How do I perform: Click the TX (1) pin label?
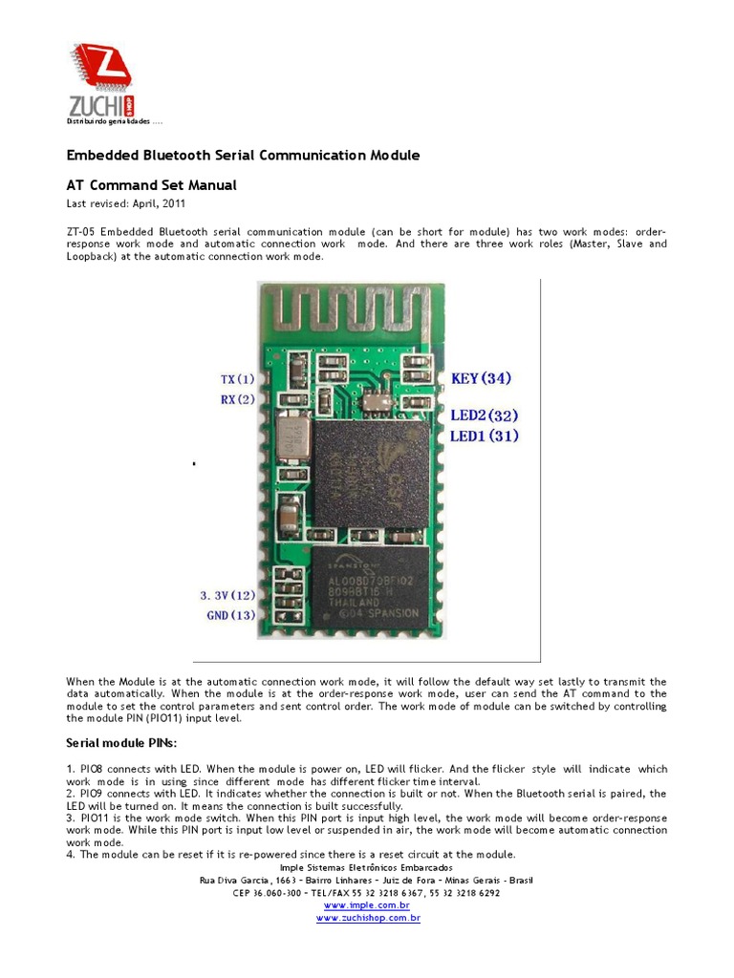(238, 379)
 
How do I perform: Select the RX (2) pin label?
(238, 399)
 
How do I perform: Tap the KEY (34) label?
(481, 378)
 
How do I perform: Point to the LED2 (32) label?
(485, 415)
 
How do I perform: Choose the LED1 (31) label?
(485, 436)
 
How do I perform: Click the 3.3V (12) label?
(227, 594)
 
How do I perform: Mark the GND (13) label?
(230, 615)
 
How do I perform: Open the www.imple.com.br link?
(367, 904)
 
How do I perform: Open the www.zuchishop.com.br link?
(368, 918)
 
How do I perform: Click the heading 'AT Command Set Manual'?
(151, 185)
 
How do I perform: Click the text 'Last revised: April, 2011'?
(125, 203)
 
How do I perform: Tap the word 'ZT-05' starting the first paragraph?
(80, 232)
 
